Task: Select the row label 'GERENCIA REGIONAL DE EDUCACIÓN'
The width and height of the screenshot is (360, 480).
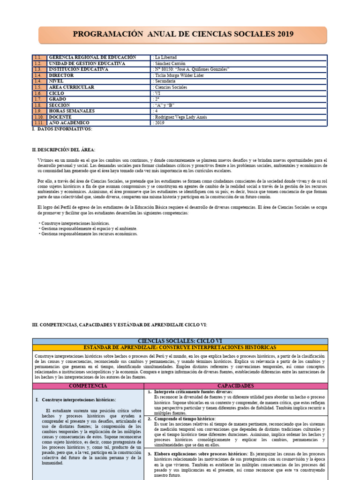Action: point(92,57)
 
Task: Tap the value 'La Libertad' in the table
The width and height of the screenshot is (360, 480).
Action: point(165,57)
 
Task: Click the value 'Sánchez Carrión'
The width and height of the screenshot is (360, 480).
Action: point(170,63)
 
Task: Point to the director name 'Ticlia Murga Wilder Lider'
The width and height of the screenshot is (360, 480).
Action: point(180,75)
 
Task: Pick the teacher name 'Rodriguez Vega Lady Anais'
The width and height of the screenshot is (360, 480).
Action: point(180,117)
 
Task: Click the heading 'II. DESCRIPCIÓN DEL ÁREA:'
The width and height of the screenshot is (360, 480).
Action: point(63,150)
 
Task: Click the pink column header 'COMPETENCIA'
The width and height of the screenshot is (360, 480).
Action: point(88,385)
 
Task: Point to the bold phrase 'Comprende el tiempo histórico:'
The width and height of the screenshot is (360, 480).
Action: point(185,418)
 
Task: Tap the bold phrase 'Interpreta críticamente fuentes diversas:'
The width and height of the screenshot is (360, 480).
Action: point(194,391)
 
